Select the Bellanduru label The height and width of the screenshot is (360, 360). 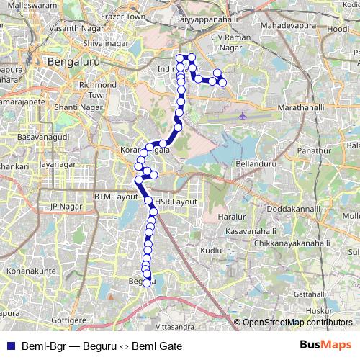pyautogui.click(x=256, y=164)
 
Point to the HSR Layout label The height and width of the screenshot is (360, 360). pyautogui.click(x=176, y=202)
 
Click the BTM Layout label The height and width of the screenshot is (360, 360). pyautogui.click(x=115, y=196)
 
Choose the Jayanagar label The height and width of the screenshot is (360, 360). pyautogui.click(x=58, y=165)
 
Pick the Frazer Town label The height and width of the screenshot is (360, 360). pyautogui.click(x=124, y=15)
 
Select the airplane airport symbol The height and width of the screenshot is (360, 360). pyautogui.click(x=242, y=115)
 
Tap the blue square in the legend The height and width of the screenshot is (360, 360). pyautogui.click(x=9, y=346)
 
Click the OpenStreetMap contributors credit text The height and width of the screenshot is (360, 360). pyautogui.click(x=297, y=323)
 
